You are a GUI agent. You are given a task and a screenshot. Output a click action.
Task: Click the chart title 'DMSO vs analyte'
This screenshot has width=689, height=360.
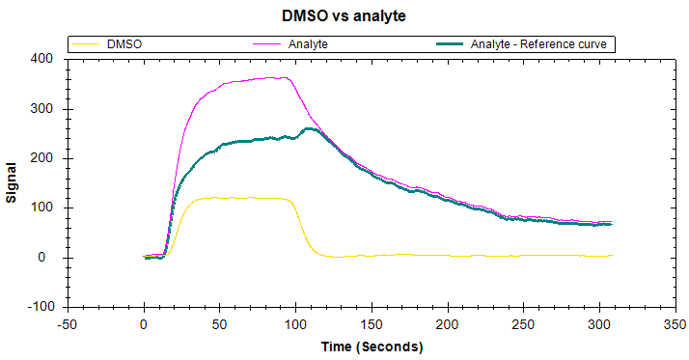point(344,15)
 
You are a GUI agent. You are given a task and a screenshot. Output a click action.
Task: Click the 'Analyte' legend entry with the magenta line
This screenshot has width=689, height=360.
point(308,44)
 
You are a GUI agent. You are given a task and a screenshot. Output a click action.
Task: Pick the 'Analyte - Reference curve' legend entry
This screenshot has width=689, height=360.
point(540,44)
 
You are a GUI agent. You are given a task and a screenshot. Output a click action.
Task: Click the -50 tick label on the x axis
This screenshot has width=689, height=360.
point(68,326)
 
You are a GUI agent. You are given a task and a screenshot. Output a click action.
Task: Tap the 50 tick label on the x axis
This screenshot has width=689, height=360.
point(219,326)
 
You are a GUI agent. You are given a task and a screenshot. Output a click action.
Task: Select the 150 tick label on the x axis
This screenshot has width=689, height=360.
point(372,326)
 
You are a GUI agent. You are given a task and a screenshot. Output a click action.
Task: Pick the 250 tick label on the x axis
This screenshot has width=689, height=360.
point(523,326)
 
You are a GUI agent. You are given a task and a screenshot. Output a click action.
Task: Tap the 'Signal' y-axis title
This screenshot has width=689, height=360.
point(13,181)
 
